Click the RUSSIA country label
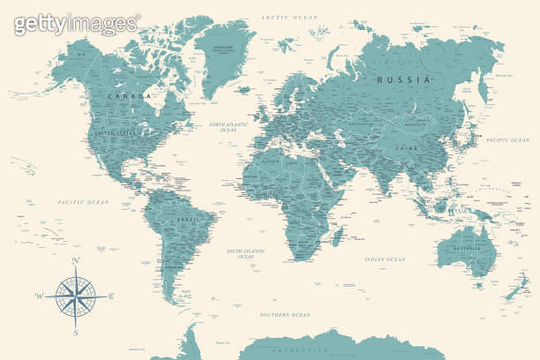click(404, 79)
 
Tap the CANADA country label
click(129, 95)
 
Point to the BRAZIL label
click(188, 218)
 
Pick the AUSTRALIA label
click(469, 248)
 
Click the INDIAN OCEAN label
click(385, 259)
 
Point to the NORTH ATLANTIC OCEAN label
click(230, 128)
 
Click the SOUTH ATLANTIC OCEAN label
click(246, 253)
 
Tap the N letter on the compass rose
click(76, 260)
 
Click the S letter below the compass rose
click(76, 333)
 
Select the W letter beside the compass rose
click(39, 296)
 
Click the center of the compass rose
click(76, 296)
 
